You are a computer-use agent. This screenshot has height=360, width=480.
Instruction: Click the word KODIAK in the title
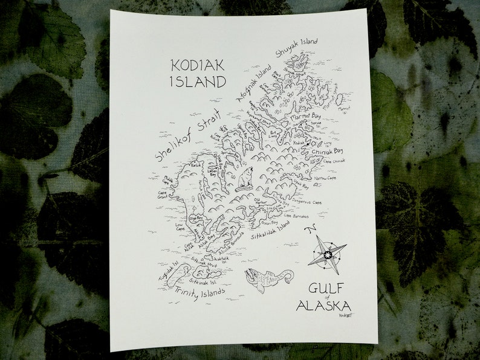198,65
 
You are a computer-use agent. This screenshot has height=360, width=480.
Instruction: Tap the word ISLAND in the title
198,80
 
